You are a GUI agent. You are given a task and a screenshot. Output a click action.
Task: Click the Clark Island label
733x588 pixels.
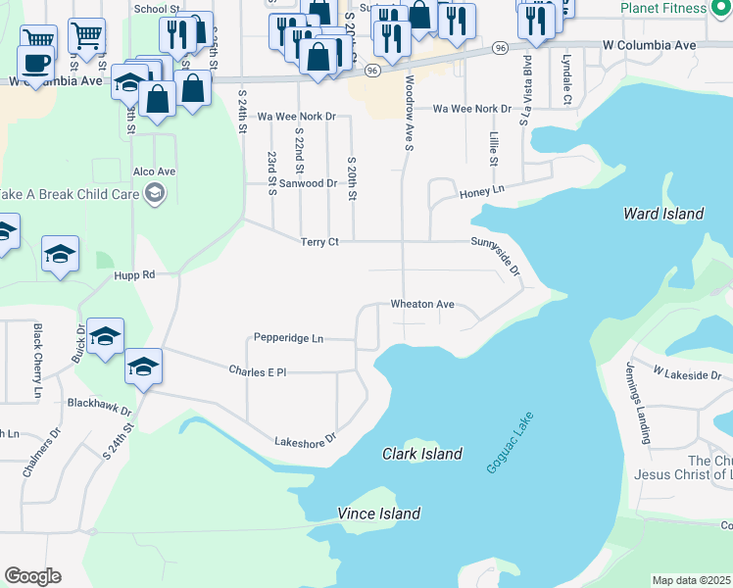421,454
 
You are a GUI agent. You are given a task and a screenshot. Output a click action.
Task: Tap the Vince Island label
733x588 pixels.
378,514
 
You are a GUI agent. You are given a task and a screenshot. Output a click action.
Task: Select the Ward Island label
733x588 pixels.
663,214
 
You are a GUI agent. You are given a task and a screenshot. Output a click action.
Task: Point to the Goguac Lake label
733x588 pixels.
508,443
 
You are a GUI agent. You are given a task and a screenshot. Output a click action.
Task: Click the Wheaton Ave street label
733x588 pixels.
422,305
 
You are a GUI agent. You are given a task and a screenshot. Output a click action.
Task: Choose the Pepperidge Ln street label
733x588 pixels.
288,338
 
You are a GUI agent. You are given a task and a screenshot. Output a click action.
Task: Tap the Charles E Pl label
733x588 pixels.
257,372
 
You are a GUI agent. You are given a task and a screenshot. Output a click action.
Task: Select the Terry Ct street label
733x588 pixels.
319,242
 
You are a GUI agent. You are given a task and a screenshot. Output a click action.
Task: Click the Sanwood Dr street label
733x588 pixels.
309,183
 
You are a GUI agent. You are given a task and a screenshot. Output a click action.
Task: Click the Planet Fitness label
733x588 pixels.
662,8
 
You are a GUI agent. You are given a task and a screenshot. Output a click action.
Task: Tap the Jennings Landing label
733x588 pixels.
637,403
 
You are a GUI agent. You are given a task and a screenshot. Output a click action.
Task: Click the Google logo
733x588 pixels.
32,576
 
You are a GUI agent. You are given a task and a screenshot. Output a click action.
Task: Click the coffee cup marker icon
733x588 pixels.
37,63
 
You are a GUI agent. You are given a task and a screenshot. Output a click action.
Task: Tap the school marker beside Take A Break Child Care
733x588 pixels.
154,194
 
